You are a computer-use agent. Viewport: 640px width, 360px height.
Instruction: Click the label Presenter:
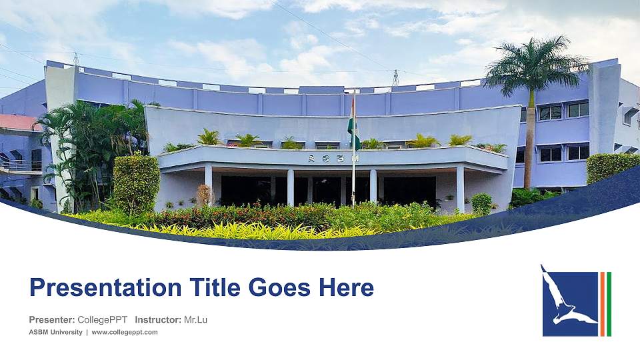point(52,320)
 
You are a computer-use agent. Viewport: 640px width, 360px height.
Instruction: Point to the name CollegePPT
point(103,320)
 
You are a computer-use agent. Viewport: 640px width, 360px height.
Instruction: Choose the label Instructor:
point(158,320)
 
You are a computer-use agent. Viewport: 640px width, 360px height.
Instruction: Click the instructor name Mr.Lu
point(195,320)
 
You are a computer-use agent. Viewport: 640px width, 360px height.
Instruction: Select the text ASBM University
point(56,332)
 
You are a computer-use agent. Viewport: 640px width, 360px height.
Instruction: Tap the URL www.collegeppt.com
point(125,332)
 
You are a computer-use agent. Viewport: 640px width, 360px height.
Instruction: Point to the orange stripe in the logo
point(602,304)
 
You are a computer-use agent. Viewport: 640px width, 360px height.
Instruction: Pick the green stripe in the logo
point(609,304)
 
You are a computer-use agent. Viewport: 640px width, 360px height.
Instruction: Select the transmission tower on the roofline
point(395,78)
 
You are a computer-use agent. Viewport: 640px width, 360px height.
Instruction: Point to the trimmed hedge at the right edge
point(612,167)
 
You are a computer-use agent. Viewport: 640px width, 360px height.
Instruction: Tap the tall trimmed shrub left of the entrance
point(136,183)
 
